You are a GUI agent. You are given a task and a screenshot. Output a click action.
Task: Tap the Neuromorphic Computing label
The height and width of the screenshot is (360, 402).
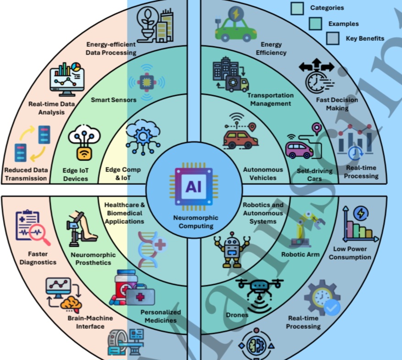tap(196, 222)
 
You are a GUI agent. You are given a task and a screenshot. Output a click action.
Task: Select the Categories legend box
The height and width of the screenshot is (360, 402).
tap(297, 8)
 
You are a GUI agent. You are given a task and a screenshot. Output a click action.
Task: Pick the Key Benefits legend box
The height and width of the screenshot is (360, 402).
tap(333, 38)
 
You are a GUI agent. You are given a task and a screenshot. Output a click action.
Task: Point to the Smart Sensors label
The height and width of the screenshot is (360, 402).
tap(110, 99)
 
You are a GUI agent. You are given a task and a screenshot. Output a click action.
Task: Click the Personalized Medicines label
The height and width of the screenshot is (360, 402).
tap(160, 316)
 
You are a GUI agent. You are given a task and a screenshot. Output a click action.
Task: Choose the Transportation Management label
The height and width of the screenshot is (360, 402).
tap(270, 99)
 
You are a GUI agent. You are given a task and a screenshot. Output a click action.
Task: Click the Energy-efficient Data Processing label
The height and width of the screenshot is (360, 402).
tap(111, 49)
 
